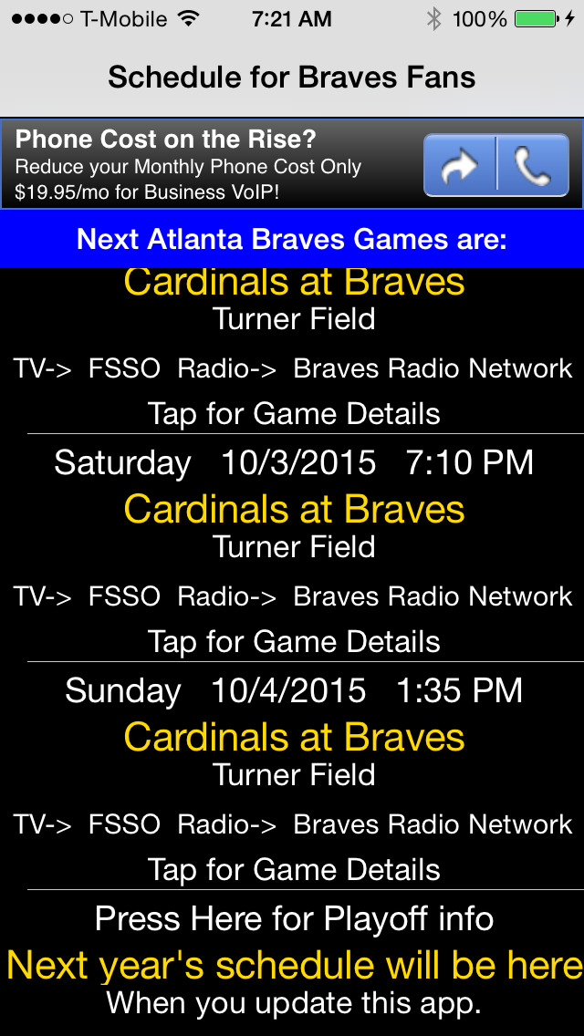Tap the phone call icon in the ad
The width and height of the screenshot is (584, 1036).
pyautogui.click(x=533, y=165)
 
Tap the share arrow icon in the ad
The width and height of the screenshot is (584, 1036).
pyautogui.click(x=460, y=165)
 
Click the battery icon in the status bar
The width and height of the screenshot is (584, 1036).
pyautogui.click(x=535, y=19)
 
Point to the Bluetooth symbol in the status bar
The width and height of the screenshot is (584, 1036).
pyautogui.click(x=433, y=19)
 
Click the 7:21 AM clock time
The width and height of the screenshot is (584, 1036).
pyautogui.click(x=292, y=19)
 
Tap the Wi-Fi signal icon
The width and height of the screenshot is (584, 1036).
pyautogui.click(x=189, y=18)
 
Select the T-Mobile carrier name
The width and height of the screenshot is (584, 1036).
pyautogui.click(x=124, y=19)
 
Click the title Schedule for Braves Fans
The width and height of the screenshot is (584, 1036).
pyautogui.click(x=292, y=78)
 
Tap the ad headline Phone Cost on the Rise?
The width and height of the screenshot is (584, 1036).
pyautogui.click(x=166, y=140)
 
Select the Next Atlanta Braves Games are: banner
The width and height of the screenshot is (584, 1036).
pyautogui.click(x=292, y=239)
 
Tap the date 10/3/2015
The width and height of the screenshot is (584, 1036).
pyautogui.click(x=298, y=462)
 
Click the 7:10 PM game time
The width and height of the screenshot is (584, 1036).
pyautogui.click(x=470, y=462)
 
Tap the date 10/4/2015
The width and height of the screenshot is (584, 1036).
pyautogui.click(x=288, y=690)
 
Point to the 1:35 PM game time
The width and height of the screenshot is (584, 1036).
pyautogui.click(x=459, y=690)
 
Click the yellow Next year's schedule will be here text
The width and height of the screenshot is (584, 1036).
pyautogui.click(x=295, y=965)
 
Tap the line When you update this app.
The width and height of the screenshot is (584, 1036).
pyautogui.click(x=294, y=1003)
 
